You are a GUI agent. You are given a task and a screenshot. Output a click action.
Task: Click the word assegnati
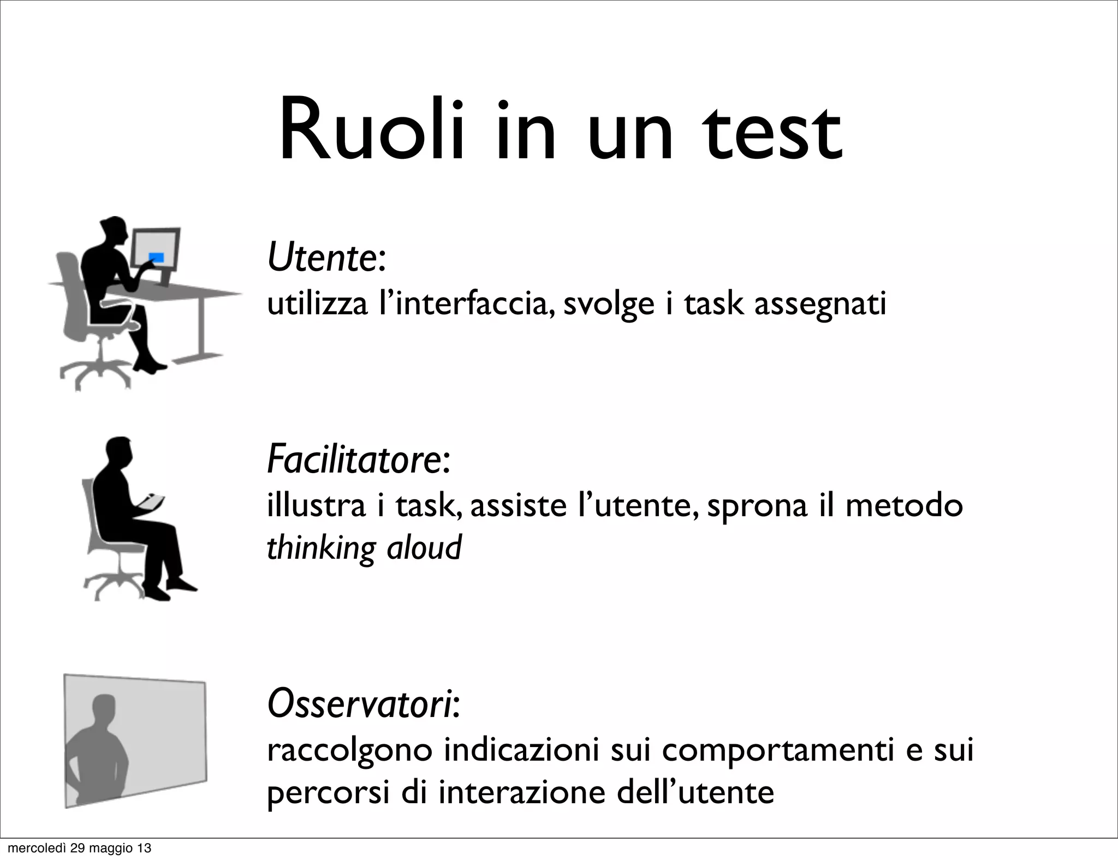point(820,304)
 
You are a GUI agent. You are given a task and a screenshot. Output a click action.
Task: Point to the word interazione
point(522,792)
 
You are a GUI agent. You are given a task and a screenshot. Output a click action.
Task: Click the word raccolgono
point(349,751)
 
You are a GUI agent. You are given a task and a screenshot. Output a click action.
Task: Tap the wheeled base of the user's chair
point(96,371)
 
